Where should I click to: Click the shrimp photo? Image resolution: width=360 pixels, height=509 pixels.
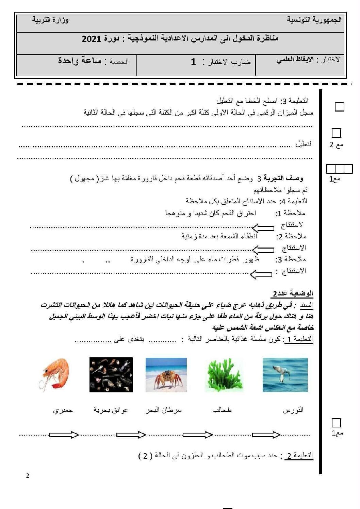[x=55, y=374]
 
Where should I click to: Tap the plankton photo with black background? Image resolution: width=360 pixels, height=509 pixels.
[x=111, y=375]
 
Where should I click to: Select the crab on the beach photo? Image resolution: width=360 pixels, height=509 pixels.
[x=166, y=375]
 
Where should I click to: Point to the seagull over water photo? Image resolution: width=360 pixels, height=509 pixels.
[x=285, y=375]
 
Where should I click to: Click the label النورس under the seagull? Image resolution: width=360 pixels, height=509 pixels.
[x=293, y=410]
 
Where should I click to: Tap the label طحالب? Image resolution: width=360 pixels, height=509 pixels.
[x=222, y=410]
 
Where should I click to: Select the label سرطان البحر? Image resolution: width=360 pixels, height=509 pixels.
[x=164, y=410]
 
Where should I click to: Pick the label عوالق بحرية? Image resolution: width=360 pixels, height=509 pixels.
[x=111, y=410]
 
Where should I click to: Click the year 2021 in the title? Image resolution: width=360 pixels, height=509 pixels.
[x=91, y=39]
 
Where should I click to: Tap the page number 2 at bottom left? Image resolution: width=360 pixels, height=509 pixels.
[x=28, y=476]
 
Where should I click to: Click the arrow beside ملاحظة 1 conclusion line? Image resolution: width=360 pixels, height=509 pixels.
[x=263, y=227]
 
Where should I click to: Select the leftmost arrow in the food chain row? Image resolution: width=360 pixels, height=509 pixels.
[x=64, y=435]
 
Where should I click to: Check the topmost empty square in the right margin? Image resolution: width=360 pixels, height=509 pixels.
[x=339, y=107]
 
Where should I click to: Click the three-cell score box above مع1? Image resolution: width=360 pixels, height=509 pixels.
[x=339, y=169]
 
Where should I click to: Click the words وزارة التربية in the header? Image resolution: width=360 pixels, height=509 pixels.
[x=50, y=20]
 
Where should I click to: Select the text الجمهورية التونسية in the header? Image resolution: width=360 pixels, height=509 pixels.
[x=314, y=20]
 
